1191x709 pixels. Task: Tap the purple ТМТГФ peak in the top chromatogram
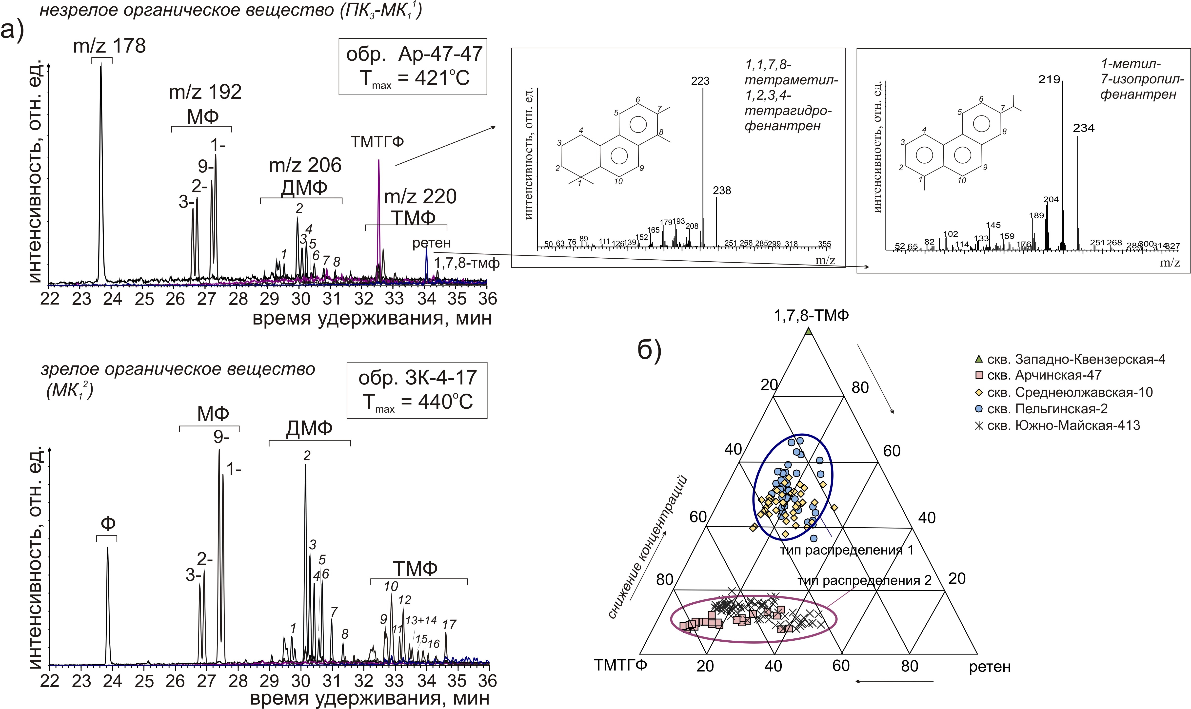(378, 191)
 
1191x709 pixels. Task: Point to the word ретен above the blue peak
(432, 243)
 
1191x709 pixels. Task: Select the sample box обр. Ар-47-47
(413, 66)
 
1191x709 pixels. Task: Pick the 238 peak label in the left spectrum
(722, 191)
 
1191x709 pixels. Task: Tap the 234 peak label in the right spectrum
(1083, 128)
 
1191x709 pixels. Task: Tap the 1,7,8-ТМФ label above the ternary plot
(812, 315)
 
